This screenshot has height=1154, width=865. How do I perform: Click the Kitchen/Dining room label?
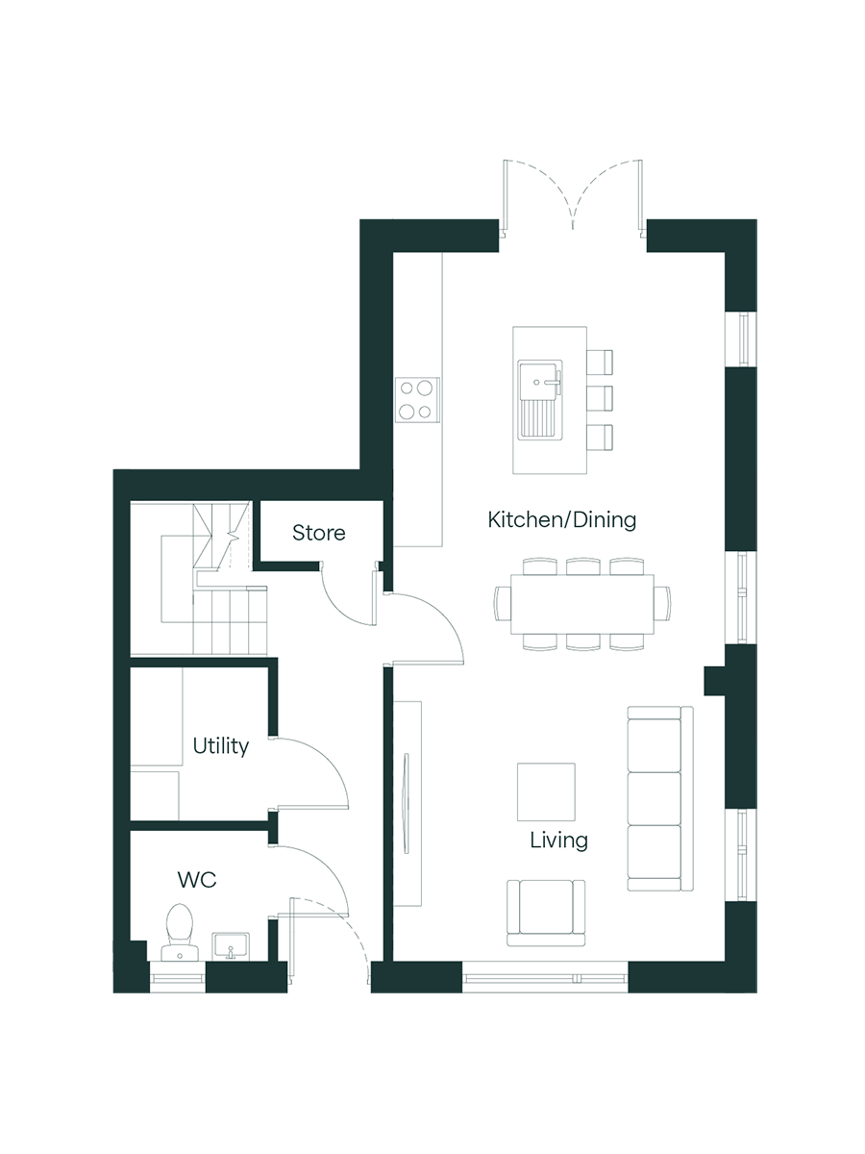[x=562, y=520]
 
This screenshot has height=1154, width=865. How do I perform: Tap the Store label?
[x=319, y=533]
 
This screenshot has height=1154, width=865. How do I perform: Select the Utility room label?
[x=221, y=746]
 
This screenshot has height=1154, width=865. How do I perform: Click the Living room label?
[x=558, y=840]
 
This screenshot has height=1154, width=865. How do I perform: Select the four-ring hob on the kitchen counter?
[x=417, y=399]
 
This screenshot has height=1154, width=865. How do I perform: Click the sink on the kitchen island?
[x=539, y=399]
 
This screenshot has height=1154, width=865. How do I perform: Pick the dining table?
[x=582, y=605]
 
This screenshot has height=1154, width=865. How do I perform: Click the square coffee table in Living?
[x=546, y=791]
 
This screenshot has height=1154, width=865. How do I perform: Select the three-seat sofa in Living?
[x=660, y=799]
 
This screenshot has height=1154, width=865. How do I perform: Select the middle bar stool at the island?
[x=600, y=398]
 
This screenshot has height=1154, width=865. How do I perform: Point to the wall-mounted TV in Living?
[x=406, y=803]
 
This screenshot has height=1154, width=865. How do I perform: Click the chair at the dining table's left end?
[x=503, y=604]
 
